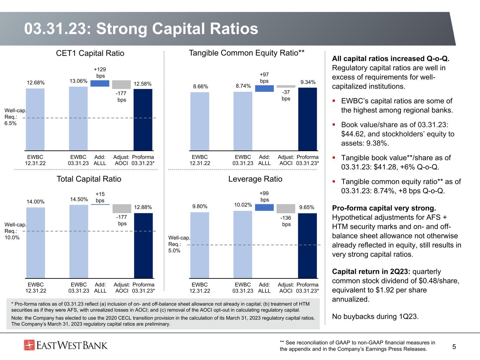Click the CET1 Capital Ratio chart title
tap(90, 53)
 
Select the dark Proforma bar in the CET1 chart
tap(143, 120)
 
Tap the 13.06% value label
tap(78, 81)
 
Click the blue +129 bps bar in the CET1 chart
tap(100, 83)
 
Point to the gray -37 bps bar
tap(286, 86)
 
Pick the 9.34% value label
tap(308, 82)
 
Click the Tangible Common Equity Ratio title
tap(247, 53)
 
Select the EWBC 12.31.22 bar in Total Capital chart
tap(36, 243)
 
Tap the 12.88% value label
tap(143, 207)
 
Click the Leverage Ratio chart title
tap(255, 179)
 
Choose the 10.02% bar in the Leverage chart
tap(243, 244)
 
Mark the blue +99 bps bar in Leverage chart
tap(264, 207)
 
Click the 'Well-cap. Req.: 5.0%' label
tap(179, 244)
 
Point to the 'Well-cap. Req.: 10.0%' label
tap(15, 231)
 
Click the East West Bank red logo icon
tap(29, 345)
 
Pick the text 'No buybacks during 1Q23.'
tap(375, 316)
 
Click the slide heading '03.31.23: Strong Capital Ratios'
tap(141, 29)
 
